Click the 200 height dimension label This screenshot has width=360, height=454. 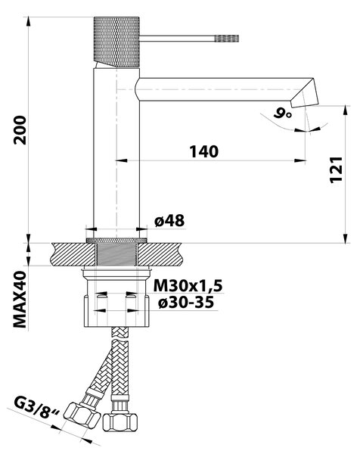coord(20,130)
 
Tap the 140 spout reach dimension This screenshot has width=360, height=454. coord(204,152)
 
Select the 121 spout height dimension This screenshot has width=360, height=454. coord(336,169)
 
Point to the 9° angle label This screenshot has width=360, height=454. coord(282,113)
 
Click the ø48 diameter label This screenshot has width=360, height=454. coord(169,221)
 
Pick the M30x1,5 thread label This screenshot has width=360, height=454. coord(188,286)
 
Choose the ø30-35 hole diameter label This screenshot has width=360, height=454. coord(186,303)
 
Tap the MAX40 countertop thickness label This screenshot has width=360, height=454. coord(20,300)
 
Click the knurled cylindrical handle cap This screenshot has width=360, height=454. coord(116,42)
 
